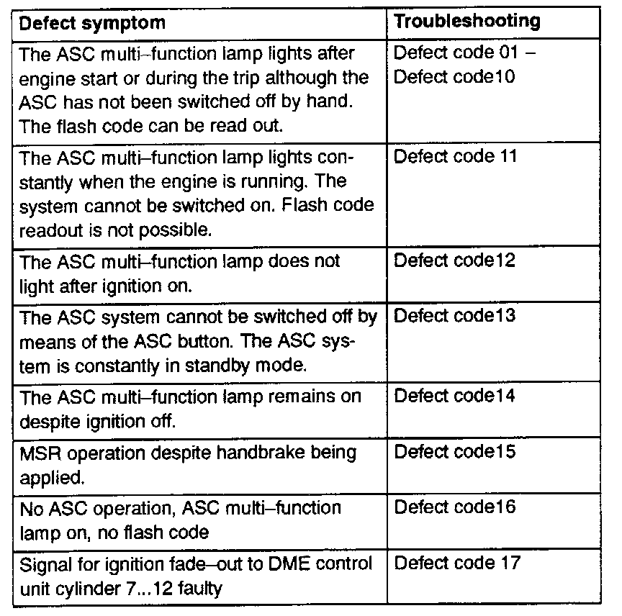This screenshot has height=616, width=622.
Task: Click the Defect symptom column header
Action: pos(91,22)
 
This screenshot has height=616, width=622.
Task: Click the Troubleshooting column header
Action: pos(467,21)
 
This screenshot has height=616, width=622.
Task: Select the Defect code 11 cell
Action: pos(455,155)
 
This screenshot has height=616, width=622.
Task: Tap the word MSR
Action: pos(38,453)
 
